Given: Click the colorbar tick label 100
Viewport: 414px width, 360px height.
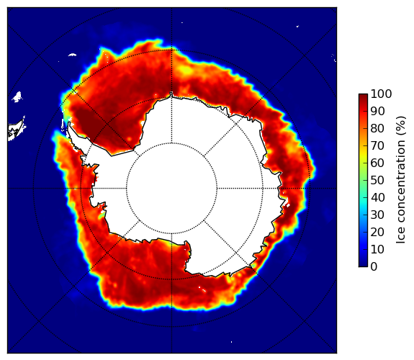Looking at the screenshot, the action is pyautogui.click(x=381, y=94).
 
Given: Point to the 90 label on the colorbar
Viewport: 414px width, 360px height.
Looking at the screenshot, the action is pyautogui.click(x=377, y=111).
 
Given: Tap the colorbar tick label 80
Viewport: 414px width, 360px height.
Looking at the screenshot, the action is pyautogui.click(x=377, y=128).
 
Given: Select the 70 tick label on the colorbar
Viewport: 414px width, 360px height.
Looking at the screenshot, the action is pyautogui.click(x=377, y=145).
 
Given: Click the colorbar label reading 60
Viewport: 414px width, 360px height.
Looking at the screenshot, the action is pyautogui.click(x=377, y=163).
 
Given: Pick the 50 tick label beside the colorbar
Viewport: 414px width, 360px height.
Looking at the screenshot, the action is pyautogui.click(x=377, y=180).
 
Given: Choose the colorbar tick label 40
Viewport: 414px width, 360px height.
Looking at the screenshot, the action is pyautogui.click(x=377, y=197).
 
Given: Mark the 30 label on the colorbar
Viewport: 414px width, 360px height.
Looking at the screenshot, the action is pyautogui.click(x=377, y=215).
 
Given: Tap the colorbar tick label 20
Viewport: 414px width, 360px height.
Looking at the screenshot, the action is pyautogui.click(x=377, y=232).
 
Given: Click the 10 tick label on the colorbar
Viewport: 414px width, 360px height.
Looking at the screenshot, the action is pyautogui.click(x=377, y=249).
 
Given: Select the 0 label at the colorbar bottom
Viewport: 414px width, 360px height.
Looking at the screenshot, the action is pyautogui.click(x=374, y=266).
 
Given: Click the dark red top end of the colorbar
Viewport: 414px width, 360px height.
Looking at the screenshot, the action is pyautogui.click(x=363, y=95).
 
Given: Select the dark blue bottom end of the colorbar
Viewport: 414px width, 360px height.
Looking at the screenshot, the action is pyautogui.click(x=363, y=265).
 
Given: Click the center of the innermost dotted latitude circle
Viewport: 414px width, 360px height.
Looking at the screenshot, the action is pyautogui.click(x=171, y=189).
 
